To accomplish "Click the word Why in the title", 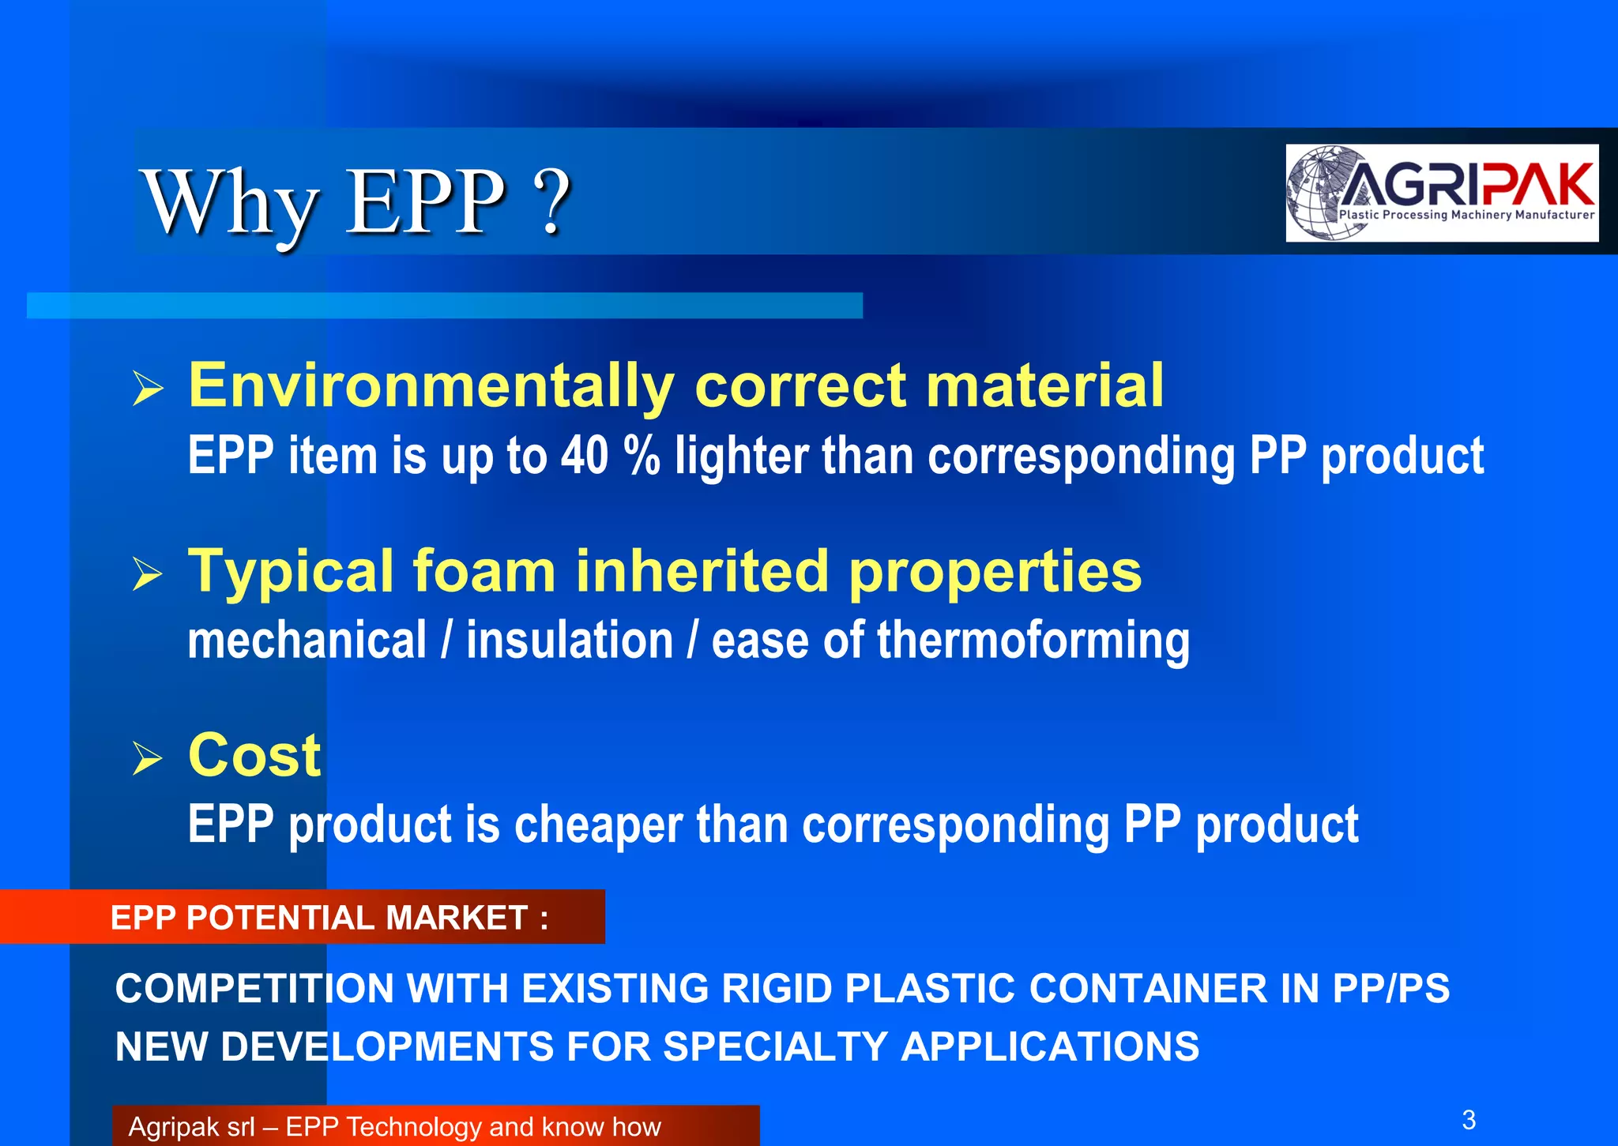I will pyautogui.click(x=230, y=204).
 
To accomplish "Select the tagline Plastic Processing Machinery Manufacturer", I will pyautogui.click(x=1466, y=215).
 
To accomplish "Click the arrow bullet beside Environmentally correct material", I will pyautogui.click(x=148, y=388).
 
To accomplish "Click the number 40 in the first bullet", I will pyautogui.click(x=585, y=456).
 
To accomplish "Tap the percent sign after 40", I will pyautogui.click(x=641, y=456).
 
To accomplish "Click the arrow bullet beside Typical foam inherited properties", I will pyautogui.click(x=148, y=573).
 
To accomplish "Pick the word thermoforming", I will pyautogui.click(x=1033, y=641).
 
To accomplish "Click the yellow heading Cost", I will pyautogui.click(x=254, y=755).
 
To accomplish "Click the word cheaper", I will pyautogui.click(x=598, y=825).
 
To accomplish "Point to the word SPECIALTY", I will pyautogui.click(x=776, y=1046).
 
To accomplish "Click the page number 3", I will pyautogui.click(x=1469, y=1119).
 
